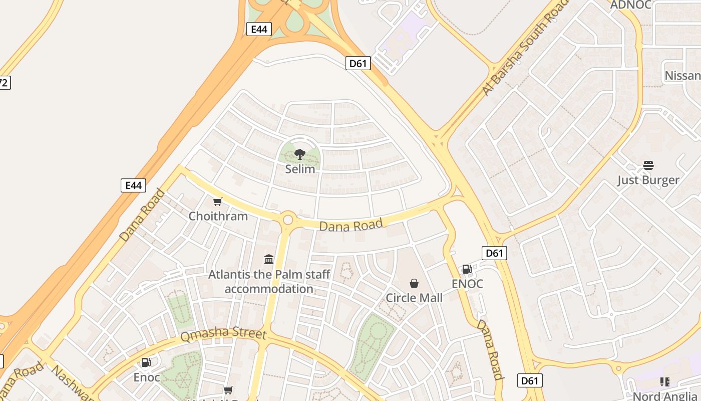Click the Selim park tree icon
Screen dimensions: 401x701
[x=300, y=154]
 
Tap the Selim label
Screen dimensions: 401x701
[x=300, y=169]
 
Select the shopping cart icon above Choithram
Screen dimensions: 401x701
[x=218, y=202]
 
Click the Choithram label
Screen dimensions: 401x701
[x=218, y=216]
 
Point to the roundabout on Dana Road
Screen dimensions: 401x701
[x=288, y=219]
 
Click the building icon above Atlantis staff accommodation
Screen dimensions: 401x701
[x=269, y=259]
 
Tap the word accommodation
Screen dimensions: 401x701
[x=269, y=289]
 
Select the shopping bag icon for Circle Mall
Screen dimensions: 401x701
[x=414, y=283]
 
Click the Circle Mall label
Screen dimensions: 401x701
[x=414, y=298]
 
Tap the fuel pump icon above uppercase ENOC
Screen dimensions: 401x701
[x=467, y=269]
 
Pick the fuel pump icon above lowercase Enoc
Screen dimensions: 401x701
[x=146, y=362]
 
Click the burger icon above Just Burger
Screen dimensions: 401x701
[x=648, y=165]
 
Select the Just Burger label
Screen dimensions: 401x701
[x=648, y=180]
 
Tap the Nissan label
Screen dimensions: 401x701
[x=682, y=76]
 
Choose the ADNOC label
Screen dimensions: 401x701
[x=631, y=5]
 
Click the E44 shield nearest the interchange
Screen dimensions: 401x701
[x=259, y=29]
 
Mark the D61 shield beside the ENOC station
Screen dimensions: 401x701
[x=494, y=253]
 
